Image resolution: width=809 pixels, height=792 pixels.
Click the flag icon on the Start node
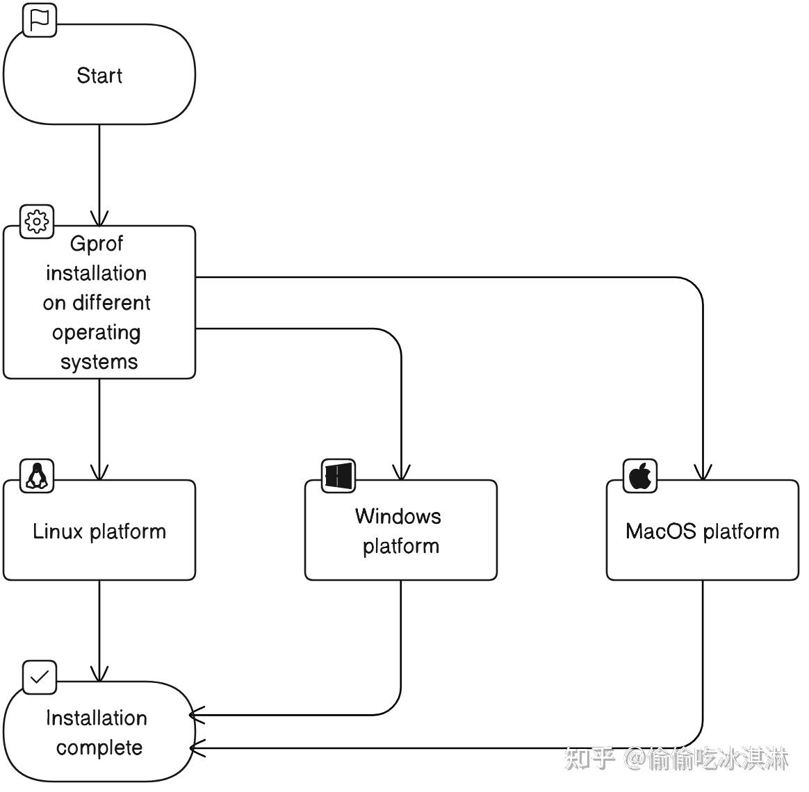40,19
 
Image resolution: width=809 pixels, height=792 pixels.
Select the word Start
99,75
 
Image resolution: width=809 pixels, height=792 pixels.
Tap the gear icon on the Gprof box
37,222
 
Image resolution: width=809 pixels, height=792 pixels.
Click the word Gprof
97,244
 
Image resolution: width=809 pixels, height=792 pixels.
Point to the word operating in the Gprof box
97,333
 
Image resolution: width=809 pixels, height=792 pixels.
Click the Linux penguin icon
37,476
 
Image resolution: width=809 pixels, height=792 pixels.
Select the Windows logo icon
338,476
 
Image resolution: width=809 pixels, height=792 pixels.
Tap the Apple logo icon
640,476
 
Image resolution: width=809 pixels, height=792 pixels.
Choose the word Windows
398,516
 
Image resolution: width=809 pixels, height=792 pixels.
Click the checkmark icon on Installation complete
40,677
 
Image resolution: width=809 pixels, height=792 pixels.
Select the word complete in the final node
99,748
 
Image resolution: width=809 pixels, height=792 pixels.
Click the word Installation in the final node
97,718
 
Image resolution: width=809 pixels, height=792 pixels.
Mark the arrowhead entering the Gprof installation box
99,217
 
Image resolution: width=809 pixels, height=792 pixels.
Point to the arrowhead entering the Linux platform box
99,472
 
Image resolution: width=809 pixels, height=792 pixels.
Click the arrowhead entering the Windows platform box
401,472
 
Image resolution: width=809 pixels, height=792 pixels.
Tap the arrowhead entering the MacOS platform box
703,472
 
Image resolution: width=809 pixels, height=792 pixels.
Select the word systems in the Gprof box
99,362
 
